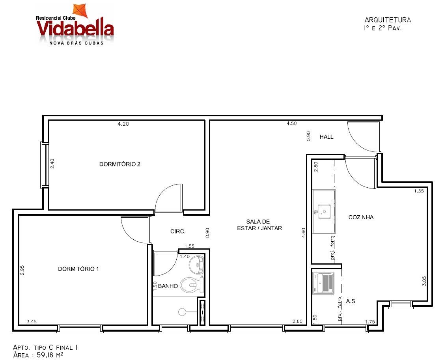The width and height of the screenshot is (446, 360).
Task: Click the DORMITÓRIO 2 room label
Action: (x=120, y=164)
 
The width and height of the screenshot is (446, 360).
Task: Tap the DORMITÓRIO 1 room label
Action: (x=78, y=269)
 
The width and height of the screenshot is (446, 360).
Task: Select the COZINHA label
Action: (x=361, y=217)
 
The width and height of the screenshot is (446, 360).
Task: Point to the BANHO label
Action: (x=168, y=286)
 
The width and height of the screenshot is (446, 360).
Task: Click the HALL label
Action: (x=326, y=137)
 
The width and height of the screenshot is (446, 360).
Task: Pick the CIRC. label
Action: (x=178, y=231)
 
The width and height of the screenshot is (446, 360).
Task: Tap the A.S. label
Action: (x=351, y=301)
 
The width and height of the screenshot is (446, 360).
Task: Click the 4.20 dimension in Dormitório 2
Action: (x=123, y=124)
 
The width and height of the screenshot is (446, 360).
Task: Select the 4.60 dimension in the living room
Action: (x=304, y=233)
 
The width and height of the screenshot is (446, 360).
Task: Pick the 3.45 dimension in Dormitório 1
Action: (x=31, y=322)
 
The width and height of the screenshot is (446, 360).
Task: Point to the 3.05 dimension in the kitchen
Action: (x=424, y=281)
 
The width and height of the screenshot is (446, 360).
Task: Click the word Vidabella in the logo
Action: (x=75, y=28)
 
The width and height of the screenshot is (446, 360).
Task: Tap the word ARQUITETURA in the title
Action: (x=388, y=20)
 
